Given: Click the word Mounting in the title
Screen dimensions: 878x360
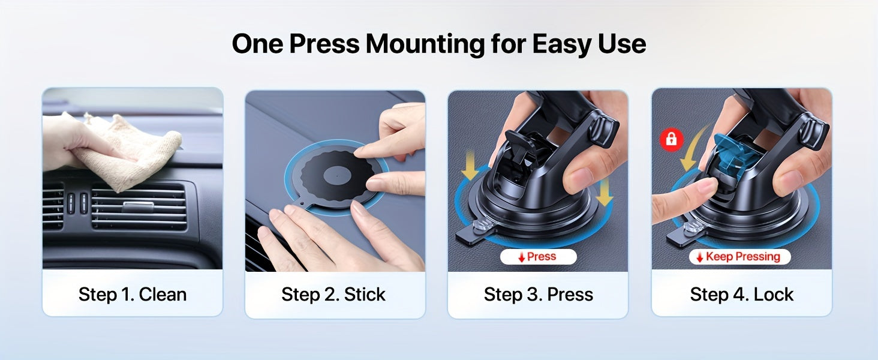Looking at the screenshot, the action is tap(425, 44).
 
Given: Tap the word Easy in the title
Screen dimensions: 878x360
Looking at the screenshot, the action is tap(562, 44).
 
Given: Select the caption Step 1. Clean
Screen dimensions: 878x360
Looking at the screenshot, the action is tap(133, 295).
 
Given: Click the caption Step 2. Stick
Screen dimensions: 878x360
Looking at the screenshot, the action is tap(333, 295).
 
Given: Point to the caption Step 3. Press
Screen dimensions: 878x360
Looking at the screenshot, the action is tap(538, 295).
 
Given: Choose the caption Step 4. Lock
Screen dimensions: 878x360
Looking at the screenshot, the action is tap(742, 295).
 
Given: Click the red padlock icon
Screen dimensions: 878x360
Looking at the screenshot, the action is tap(672, 139).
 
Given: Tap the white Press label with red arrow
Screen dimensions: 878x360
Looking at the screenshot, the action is tap(538, 257).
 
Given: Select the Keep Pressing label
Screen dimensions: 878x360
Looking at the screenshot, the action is tap(739, 257).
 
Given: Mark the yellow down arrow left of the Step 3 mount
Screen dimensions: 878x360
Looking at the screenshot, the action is tap(470, 165).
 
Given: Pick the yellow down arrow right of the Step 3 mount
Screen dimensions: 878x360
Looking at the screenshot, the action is tap(604, 191).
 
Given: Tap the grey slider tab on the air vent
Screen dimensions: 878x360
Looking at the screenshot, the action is tap(137, 206).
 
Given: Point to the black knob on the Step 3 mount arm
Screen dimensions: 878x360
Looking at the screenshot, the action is tap(603, 130).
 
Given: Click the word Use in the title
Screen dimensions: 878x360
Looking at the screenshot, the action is tap(622, 44).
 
